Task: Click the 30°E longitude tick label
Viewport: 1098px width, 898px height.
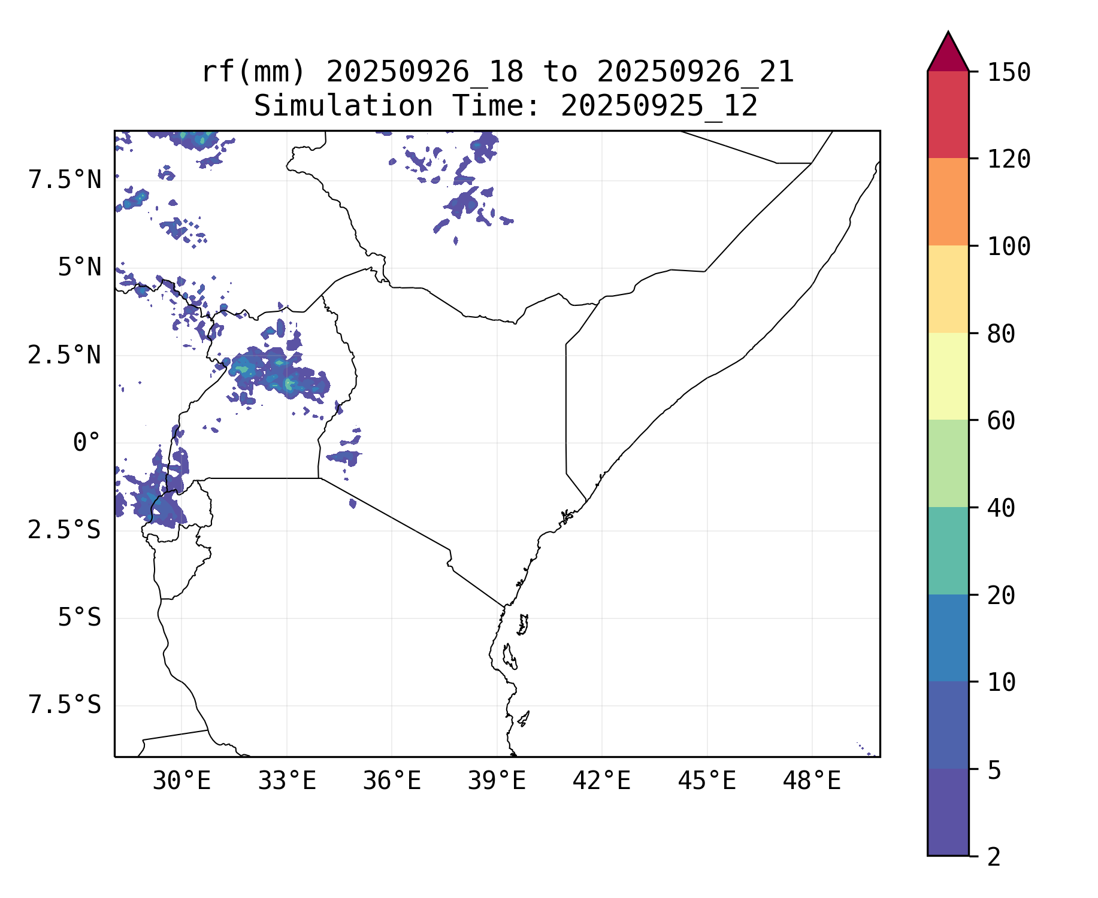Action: pyautogui.click(x=182, y=781)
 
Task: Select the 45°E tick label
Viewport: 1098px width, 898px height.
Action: pyautogui.click(x=707, y=781)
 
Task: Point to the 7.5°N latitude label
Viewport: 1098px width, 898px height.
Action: pyautogui.click(x=65, y=180)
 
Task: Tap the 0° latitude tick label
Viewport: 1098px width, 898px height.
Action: pyautogui.click(x=86, y=443)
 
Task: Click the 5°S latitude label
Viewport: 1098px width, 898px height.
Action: pyautogui.click(x=79, y=618)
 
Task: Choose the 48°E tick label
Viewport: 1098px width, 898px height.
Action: pyautogui.click(x=812, y=781)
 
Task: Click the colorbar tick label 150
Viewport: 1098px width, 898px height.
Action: pyautogui.click(x=1009, y=73)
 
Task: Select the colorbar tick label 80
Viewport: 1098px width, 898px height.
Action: pyautogui.click(x=1001, y=334)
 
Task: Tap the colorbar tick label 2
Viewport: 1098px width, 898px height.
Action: pyautogui.click(x=994, y=857)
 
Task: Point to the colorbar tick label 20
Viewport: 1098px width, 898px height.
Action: pyautogui.click(x=1001, y=596)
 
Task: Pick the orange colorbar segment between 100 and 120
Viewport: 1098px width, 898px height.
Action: pyautogui.click(x=948, y=202)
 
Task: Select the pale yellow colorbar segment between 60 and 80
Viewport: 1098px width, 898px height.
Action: pyautogui.click(x=948, y=376)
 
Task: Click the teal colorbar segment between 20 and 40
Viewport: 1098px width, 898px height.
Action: pyautogui.click(x=948, y=551)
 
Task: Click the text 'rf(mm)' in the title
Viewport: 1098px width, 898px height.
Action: pyautogui.click(x=253, y=72)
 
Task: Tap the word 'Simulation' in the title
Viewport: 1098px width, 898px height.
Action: pyautogui.click(x=343, y=107)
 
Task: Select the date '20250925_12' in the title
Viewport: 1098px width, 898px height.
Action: pyautogui.click(x=659, y=107)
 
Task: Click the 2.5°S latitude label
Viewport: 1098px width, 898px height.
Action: pyautogui.click(x=65, y=530)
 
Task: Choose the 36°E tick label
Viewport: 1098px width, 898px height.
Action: pyautogui.click(x=392, y=781)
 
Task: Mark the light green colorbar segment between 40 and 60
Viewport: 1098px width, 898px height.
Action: pyautogui.click(x=948, y=463)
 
